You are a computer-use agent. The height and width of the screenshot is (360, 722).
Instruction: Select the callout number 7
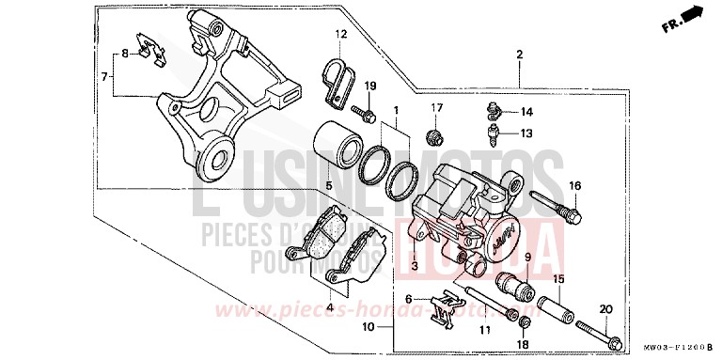[106, 74]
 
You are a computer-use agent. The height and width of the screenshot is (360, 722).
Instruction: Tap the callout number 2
[518, 55]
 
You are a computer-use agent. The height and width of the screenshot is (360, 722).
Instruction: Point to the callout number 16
[574, 185]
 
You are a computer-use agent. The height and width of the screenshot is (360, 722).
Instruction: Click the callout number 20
[605, 309]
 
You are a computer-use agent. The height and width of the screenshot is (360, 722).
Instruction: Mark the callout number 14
[526, 112]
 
